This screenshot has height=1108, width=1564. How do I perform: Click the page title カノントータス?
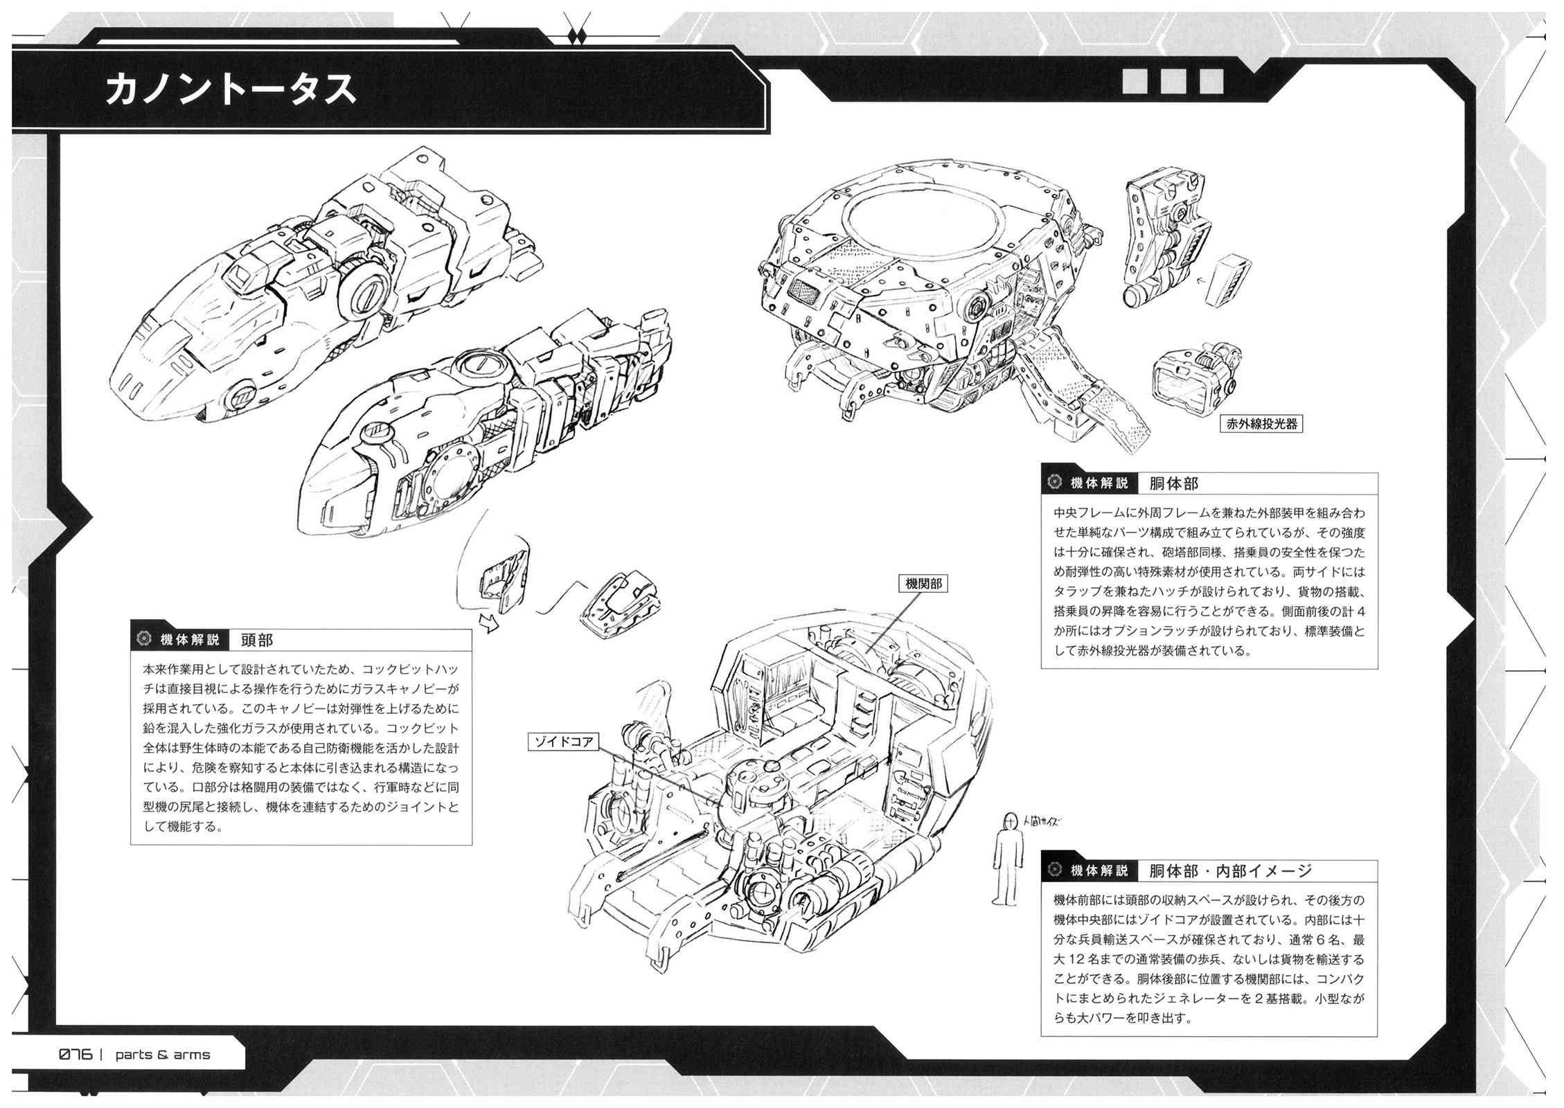click(x=231, y=89)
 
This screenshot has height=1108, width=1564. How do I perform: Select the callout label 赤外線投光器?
click(x=1261, y=424)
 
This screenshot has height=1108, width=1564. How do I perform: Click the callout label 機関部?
click(x=923, y=584)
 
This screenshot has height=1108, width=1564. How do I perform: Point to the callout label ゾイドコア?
click(x=562, y=742)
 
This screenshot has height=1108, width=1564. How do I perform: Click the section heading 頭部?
click(x=256, y=640)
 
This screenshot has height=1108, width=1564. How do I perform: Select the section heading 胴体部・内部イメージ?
click(x=1230, y=870)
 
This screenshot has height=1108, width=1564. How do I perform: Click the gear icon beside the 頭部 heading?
click(x=144, y=639)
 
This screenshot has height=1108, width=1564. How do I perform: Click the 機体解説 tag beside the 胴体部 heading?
click(x=1099, y=483)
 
